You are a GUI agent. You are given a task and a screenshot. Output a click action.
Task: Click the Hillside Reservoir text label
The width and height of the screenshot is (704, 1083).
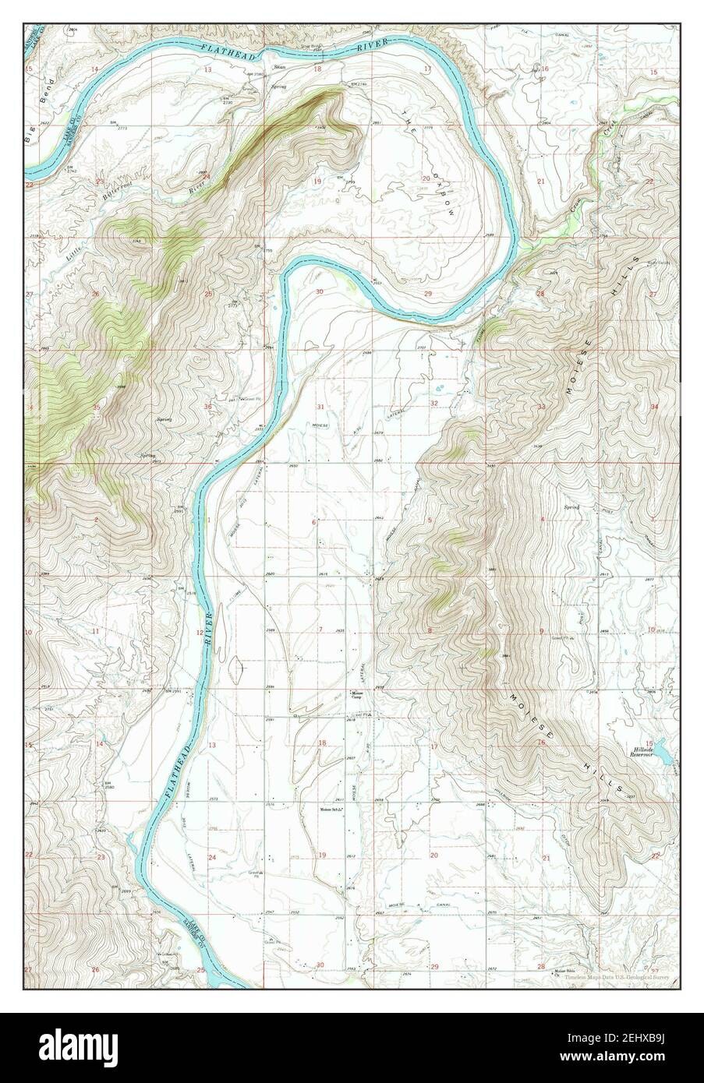(x=646, y=751)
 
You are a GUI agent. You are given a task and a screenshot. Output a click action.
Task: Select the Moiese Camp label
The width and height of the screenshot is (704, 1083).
(x=359, y=694)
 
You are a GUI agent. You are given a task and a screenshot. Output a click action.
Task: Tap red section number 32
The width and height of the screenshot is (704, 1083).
(x=434, y=403)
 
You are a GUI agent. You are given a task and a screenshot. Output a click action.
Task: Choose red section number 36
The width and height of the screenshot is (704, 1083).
(x=208, y=407)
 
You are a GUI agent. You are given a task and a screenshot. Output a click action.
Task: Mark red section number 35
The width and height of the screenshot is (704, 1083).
(x=97, y=407)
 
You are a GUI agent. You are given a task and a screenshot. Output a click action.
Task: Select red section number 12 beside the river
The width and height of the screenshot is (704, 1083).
(x=200, y=632)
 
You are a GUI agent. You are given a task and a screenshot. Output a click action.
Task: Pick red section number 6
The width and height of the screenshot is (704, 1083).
(x=313, y=522)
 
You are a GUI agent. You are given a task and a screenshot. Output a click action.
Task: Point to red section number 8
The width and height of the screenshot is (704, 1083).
(x=429, y=630)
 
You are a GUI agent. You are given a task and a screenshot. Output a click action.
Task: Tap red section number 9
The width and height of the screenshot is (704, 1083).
(x=541, y=630)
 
